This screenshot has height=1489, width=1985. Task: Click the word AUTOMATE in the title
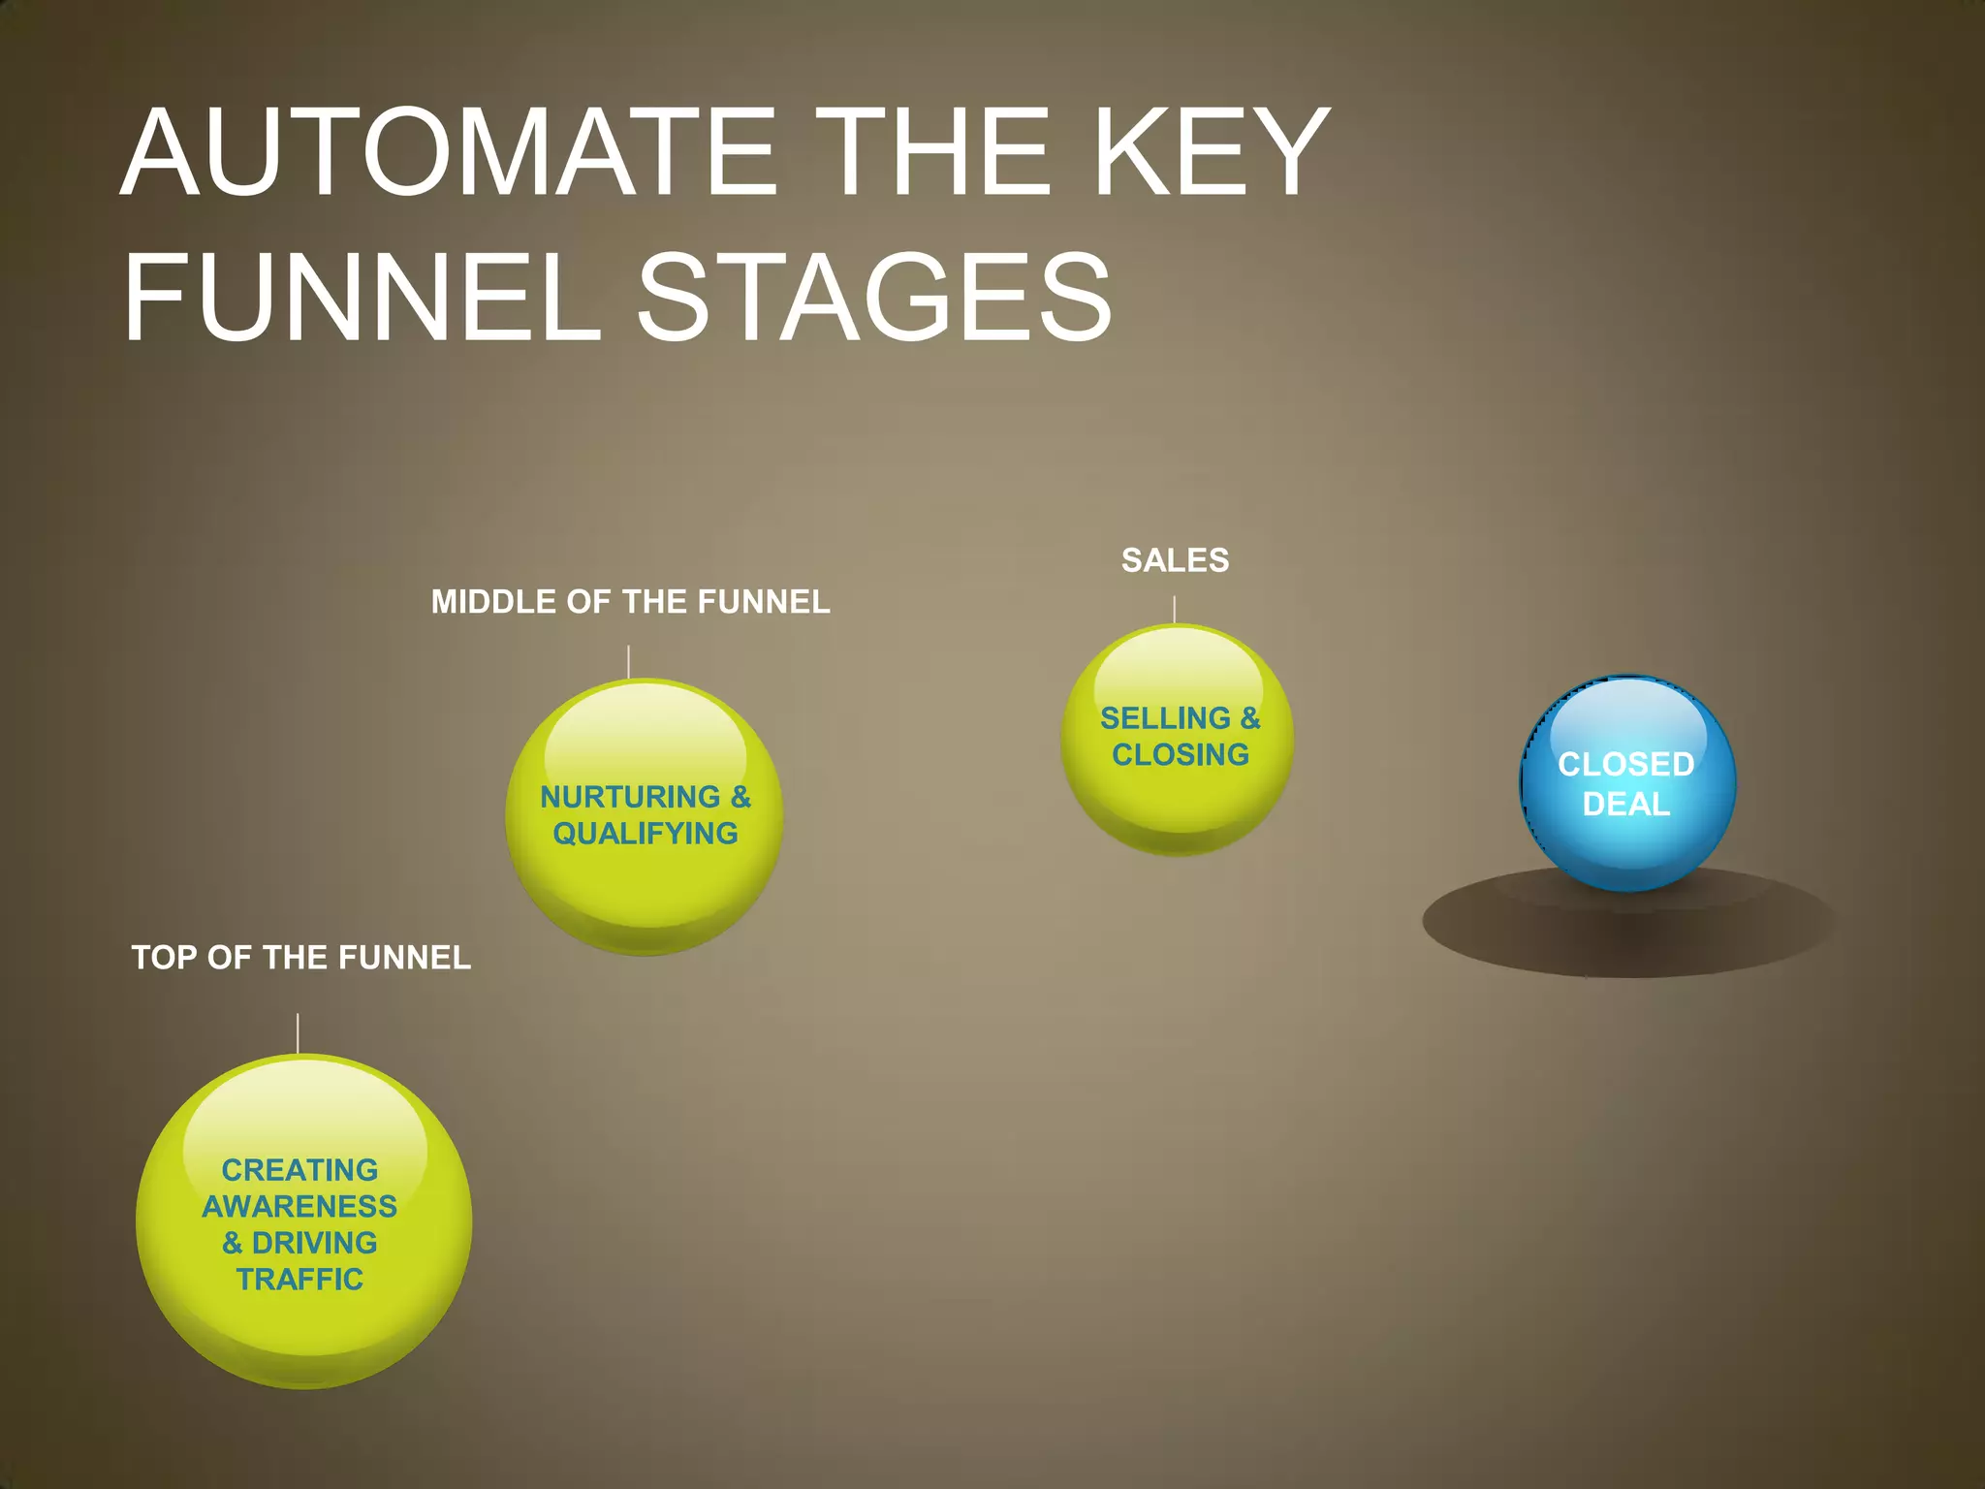pyautogui.click(x=449, y=153)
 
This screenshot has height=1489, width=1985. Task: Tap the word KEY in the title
pyautogui.click(x=1212, y=153)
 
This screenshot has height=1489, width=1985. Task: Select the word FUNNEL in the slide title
pyautogui.click(x=362, y=298)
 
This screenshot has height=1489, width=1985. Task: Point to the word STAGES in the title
pyautogui.click(x=874, y=298)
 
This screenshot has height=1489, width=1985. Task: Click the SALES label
pyautogui.click(x=1175, y=560)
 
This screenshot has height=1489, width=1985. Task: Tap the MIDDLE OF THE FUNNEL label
pyautogui.click(x=630, y=602)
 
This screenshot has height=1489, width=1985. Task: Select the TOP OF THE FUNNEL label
pyautogui.click(x=300, y=958)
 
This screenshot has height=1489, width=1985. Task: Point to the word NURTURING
pyautogui.click(x=630, y=797)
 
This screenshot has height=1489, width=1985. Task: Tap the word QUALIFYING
pyautogui.click(x=646, y=834)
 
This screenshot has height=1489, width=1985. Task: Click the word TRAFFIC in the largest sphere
pyautogui.click(x=299, y=1280)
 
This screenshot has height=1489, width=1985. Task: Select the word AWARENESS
pyautogui.click(x=299, y=1206)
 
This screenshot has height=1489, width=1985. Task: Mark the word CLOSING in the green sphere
pyautogui.click(x=1181, y=754)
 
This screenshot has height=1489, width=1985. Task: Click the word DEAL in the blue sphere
pyautogui.click(x=1626, y=805)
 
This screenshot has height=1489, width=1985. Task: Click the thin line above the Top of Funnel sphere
pyautogui.click(x=298, y=1033)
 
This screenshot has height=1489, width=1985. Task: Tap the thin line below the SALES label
pyautogui.click(x=1175, y=609)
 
